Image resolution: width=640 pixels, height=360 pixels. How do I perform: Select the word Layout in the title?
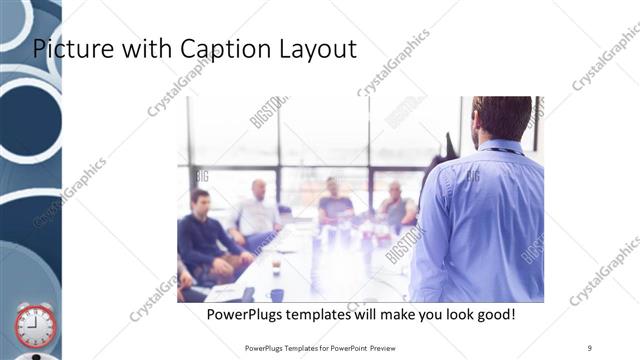pos(317,49)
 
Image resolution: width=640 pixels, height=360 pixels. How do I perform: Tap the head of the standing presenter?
pos(502,118)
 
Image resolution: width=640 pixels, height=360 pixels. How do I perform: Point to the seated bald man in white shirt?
pos(256,211)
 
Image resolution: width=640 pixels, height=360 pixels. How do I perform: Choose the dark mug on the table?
pos(277,294)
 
